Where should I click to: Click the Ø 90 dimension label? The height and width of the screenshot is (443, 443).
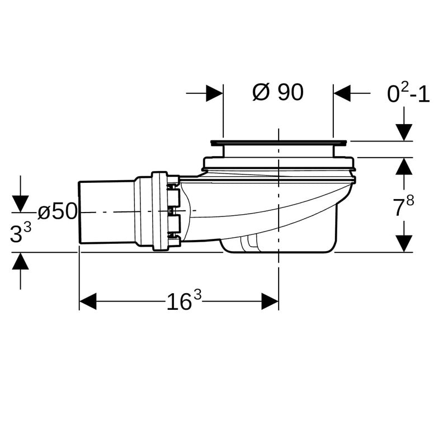[278, 92]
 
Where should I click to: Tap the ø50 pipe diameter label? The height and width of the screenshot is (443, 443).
[58, 211]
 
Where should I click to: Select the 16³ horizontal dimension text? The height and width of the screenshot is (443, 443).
[184, 300]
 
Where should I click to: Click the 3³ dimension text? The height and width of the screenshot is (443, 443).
[21, 233]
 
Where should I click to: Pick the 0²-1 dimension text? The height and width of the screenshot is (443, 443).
[408, 93]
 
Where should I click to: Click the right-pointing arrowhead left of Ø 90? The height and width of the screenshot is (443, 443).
[214, 93]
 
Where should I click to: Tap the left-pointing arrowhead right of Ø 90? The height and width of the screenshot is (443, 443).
[342, 93]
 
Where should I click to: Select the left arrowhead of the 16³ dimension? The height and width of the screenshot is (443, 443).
[88, 301]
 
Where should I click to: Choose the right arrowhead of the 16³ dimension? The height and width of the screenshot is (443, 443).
[270, 301]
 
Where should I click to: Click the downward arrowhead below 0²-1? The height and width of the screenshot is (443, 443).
[404, 132]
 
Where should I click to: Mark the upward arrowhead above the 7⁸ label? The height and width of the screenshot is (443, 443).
[404, 166]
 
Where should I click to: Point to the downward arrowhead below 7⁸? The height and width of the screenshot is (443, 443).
[404, 243]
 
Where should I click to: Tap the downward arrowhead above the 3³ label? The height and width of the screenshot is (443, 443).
[20, 204]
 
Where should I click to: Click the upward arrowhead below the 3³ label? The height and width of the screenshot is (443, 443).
[20, 261]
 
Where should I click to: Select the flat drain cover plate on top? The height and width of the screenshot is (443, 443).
[279, 143]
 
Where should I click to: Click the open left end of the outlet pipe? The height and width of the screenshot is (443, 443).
[79, 213]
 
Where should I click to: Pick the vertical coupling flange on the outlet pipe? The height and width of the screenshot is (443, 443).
[159, 211]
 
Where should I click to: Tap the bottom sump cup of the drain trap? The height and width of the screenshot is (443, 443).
[279, 245]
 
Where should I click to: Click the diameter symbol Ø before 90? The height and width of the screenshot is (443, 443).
[261, 92]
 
